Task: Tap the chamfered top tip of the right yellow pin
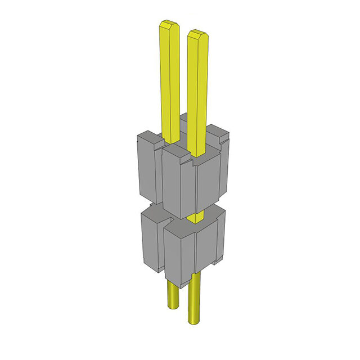pyautogui.click(x=197, y=34)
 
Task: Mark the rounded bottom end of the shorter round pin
pyautogui.click(x=173, y=307)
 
